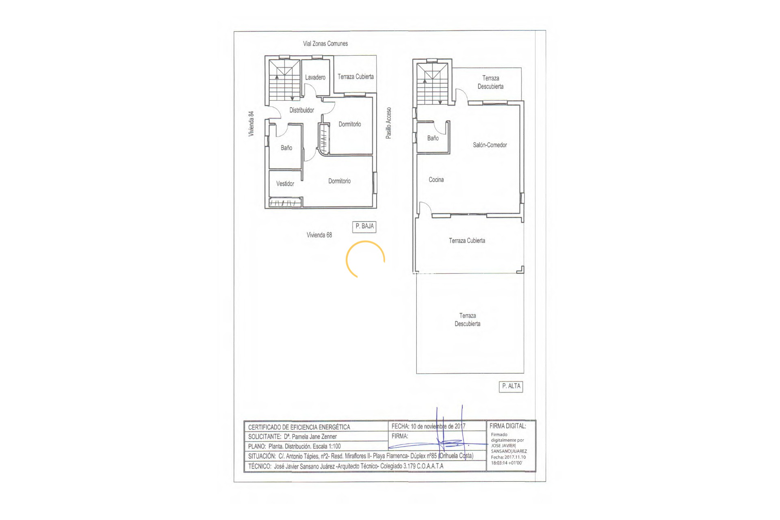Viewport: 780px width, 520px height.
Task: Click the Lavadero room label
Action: [x=315, y=77]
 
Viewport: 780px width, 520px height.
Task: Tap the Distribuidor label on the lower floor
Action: [x=301, y=110]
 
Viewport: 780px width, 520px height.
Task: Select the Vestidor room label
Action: [x=285, y=184]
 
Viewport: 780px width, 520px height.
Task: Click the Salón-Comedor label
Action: [x=490, y=145]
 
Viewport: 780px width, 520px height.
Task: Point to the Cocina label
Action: [x=436, y=180]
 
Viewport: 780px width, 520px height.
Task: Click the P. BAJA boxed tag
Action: [x=364, y=227]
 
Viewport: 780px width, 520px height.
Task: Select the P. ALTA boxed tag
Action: [x=511, y=386]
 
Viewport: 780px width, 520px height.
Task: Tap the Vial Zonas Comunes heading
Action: [x=325, y=43]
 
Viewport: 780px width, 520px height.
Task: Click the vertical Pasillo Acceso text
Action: [x=389, y=123]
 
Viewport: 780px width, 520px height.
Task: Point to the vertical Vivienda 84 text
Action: [x=251, y=123]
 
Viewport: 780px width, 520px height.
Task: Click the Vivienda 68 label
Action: [x=319, y=235]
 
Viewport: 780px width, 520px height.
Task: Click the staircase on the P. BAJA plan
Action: [x=285, y=80]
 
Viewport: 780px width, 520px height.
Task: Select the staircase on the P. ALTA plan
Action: [x=433, y=84]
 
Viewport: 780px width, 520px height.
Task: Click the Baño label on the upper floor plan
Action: [x=433, y=138]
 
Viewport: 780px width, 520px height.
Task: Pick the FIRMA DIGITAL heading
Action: [x=508, y=426]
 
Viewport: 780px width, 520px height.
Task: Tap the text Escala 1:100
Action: [x=327, y=446]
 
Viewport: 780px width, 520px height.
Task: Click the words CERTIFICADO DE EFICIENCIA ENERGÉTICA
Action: [x=299, y=427]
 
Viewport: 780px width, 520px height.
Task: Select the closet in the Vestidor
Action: [x=285, y=202]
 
